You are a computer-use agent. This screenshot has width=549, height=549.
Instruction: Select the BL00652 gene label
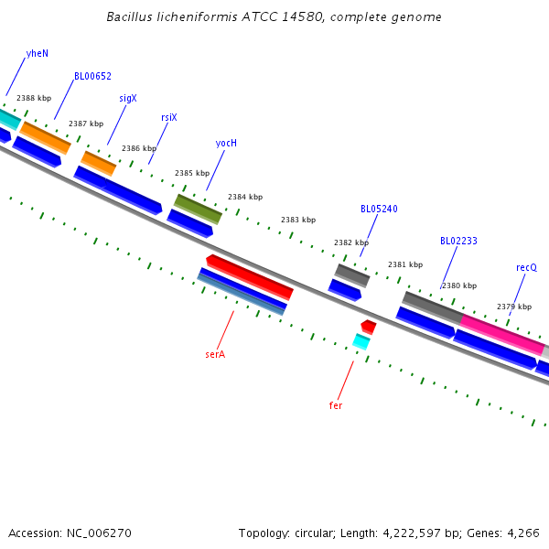(x=92, y=76)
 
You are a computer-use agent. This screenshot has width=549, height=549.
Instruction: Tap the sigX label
(x=128, y=98)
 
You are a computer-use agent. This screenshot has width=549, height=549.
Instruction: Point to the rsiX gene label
(x=169, y=117)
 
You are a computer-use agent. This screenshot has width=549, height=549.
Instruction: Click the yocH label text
(x=226, y=143)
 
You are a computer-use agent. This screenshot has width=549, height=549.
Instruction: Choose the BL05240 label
(x=379, y=209)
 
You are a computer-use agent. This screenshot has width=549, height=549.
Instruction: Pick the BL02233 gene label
(x=458, y=242)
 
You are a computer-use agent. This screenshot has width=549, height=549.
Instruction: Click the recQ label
(x=526, y=267)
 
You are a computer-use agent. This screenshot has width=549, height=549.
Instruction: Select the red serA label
(x=215, y=353)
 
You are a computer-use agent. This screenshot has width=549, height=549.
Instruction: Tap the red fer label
(x=336, y=404)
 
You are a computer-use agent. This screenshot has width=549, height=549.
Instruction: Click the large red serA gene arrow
(x=249, y=276)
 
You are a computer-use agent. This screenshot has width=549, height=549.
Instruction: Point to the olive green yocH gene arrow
(x=199, y=209)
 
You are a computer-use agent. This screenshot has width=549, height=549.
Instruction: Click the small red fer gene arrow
(x=369, y=327)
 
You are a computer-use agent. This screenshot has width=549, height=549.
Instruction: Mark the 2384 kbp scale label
(x=245, y=197)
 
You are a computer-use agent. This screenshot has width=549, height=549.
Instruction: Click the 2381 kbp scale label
(x=405, y=264)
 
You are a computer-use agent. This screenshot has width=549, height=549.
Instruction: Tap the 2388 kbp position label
(x=34, y=98)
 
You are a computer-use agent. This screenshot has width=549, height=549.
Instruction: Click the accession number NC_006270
(x=98, y=533)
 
